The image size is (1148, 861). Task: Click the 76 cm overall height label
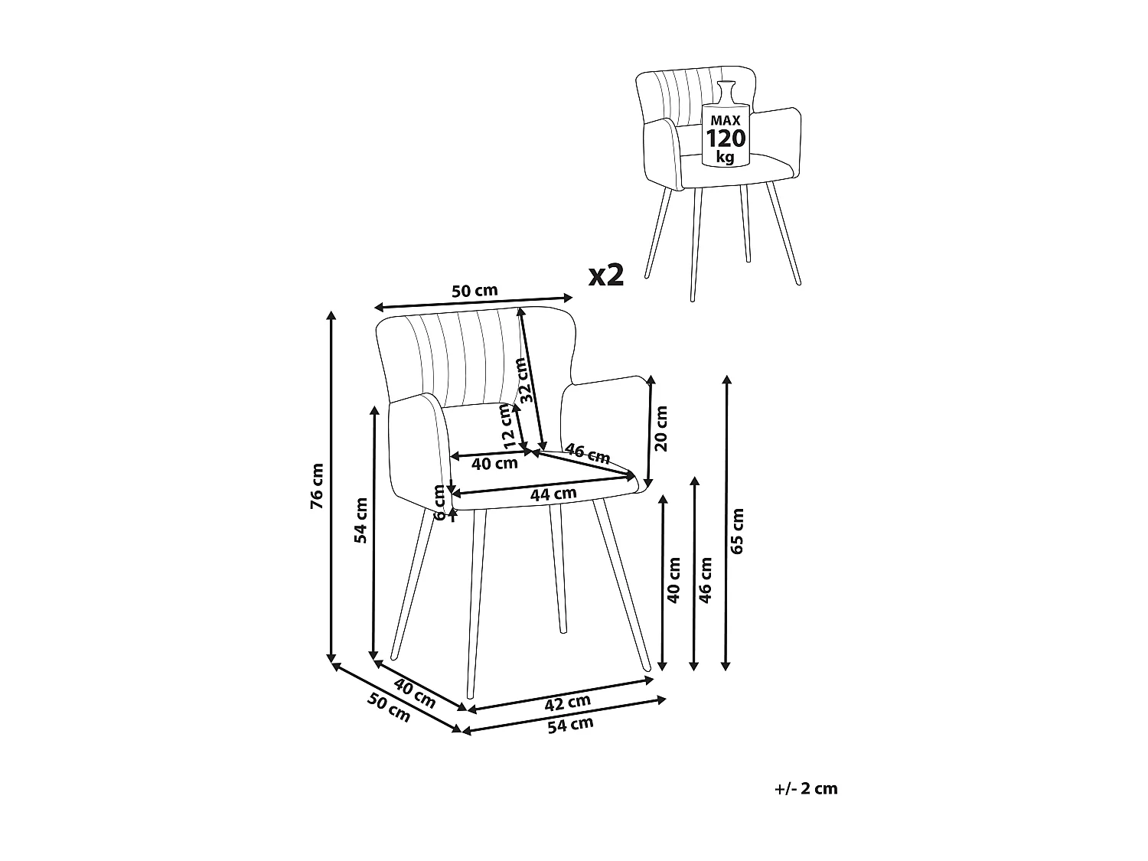(318, 487)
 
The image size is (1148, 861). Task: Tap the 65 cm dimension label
(737, 530)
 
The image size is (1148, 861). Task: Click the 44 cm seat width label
(553, 494)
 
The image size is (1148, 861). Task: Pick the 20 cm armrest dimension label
(662, 428)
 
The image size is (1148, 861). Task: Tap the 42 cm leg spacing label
(567, 700)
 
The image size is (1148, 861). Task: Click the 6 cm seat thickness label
(440, 503)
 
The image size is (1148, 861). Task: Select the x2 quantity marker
(606, 276)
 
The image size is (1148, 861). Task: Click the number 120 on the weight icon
(725, 139)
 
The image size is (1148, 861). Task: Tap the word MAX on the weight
(725, 121)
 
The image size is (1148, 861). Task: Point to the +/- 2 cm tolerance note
(806, 788)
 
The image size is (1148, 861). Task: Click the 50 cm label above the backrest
(475, 291)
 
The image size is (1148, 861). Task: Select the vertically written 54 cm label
(361, 520)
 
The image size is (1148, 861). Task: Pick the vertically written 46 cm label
(706, 579)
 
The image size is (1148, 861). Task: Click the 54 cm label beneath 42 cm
(570, 725)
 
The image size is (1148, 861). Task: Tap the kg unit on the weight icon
(724, 158)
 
